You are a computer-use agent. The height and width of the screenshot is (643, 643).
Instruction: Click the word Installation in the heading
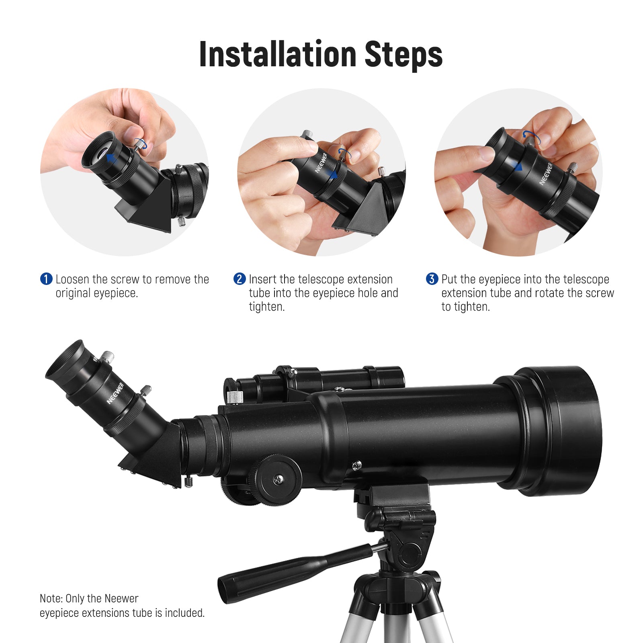point(278,54)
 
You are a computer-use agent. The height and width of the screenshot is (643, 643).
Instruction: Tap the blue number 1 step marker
point(46,279)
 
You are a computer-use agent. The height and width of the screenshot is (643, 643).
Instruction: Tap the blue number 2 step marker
point(240,279)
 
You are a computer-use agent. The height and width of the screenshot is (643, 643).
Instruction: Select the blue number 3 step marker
point(432,279)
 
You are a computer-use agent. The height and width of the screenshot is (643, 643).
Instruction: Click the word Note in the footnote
point(51,599)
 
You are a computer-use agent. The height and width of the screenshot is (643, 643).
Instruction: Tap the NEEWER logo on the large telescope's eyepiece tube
point(115,393)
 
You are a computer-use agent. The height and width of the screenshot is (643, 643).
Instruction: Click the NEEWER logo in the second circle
point(321,163)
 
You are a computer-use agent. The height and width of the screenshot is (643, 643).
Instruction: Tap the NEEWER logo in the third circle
point(546,174)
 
